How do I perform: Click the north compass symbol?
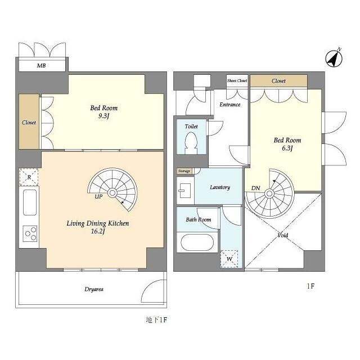334,58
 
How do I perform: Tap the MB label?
41,66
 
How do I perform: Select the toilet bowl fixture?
191,143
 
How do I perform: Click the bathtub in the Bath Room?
197,242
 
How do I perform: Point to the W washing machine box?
229,259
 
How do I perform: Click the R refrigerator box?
29,177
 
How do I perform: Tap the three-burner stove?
30,233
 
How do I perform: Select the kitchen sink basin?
30,202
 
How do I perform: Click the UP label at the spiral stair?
98,197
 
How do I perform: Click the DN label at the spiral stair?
255,188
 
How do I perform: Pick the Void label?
282,235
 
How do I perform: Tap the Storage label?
184,171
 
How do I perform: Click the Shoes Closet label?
237,80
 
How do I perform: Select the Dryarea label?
94,289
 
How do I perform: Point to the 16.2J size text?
98,231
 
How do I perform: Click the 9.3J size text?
103,116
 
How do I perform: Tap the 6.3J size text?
287,148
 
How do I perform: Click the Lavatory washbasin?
185,190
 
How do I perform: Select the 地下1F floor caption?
156,320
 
